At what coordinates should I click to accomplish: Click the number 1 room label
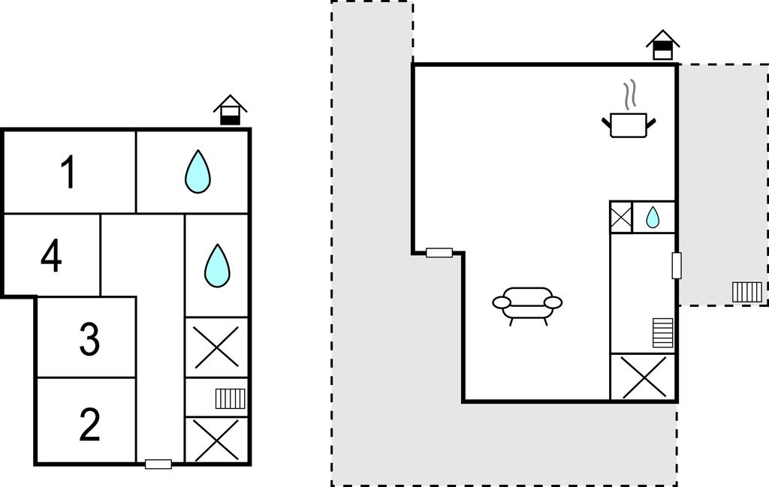tap(68, 173)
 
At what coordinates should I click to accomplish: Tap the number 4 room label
tap(51, 257)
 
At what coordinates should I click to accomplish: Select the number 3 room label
tap(89, 339)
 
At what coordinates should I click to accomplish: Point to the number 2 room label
tap(89, 425)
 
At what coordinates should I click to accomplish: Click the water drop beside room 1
tap(198, 172)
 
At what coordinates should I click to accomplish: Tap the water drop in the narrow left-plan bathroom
tap(217, 265)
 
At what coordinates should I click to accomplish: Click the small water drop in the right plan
tap(653, 218)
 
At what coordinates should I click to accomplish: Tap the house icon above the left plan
tap(231, 110)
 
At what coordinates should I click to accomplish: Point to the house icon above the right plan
tap(662, 45)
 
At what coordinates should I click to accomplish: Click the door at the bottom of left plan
tap(158, 464)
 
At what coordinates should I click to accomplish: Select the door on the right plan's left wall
tap(439, 253)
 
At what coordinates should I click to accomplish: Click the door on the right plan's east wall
tap(677, 266)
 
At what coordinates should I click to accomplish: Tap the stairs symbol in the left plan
tap(231, 398)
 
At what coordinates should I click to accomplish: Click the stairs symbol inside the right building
tap(663, 333)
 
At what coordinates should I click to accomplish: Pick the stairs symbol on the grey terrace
tap(747, 291)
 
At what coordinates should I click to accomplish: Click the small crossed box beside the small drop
tap(620, 218)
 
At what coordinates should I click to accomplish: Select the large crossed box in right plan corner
tap(644, 377)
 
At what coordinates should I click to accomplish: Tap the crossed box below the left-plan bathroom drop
tap(216, 347)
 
